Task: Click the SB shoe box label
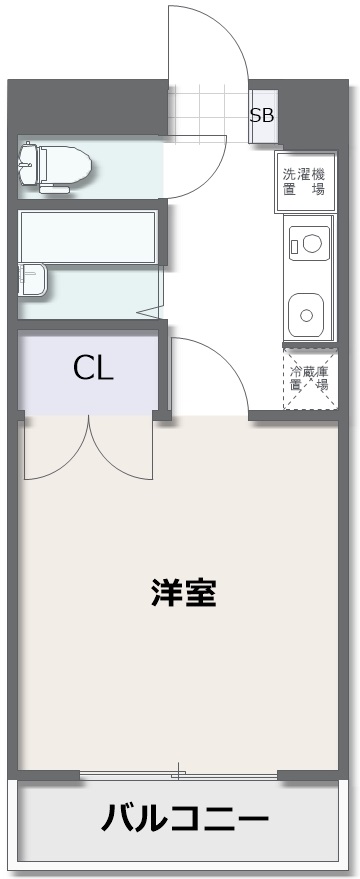coord(262,115)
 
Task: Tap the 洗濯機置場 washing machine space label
coord(304,181)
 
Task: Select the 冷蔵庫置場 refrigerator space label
coord(309,378)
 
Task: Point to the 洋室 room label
coord(183,593)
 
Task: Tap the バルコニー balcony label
coord(184,819)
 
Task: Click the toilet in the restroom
coord(55,166)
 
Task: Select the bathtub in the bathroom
coord(87,236)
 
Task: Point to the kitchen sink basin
coord(306,314)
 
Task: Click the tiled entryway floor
coord(208,110)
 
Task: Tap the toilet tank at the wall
coord(27,163)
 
